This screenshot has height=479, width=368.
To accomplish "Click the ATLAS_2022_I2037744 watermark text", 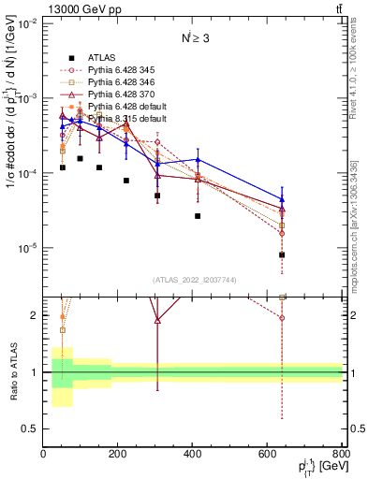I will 193,281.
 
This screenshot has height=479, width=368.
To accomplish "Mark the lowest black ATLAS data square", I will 282,254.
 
